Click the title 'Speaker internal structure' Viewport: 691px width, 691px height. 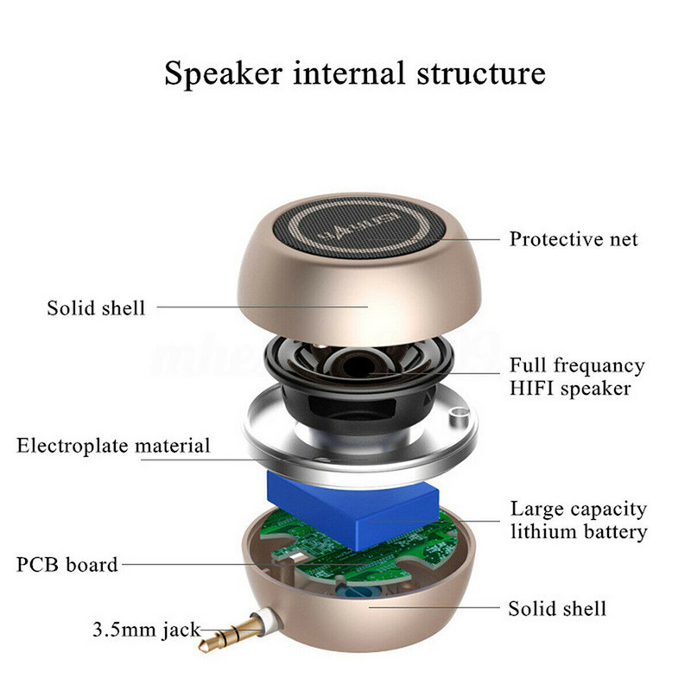(354, 73)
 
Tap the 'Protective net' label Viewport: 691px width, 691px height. (573, 239)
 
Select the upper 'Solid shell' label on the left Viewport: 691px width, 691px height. (96, 307)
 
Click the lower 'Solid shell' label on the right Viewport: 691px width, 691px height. (556, 608)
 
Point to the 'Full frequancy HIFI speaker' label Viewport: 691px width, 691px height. (576, 377)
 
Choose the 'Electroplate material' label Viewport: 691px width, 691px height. (113, 446)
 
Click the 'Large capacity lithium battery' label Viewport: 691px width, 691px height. (578, 520)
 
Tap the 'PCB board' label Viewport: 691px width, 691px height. (67, 565)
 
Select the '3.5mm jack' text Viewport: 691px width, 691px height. (145, 629)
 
